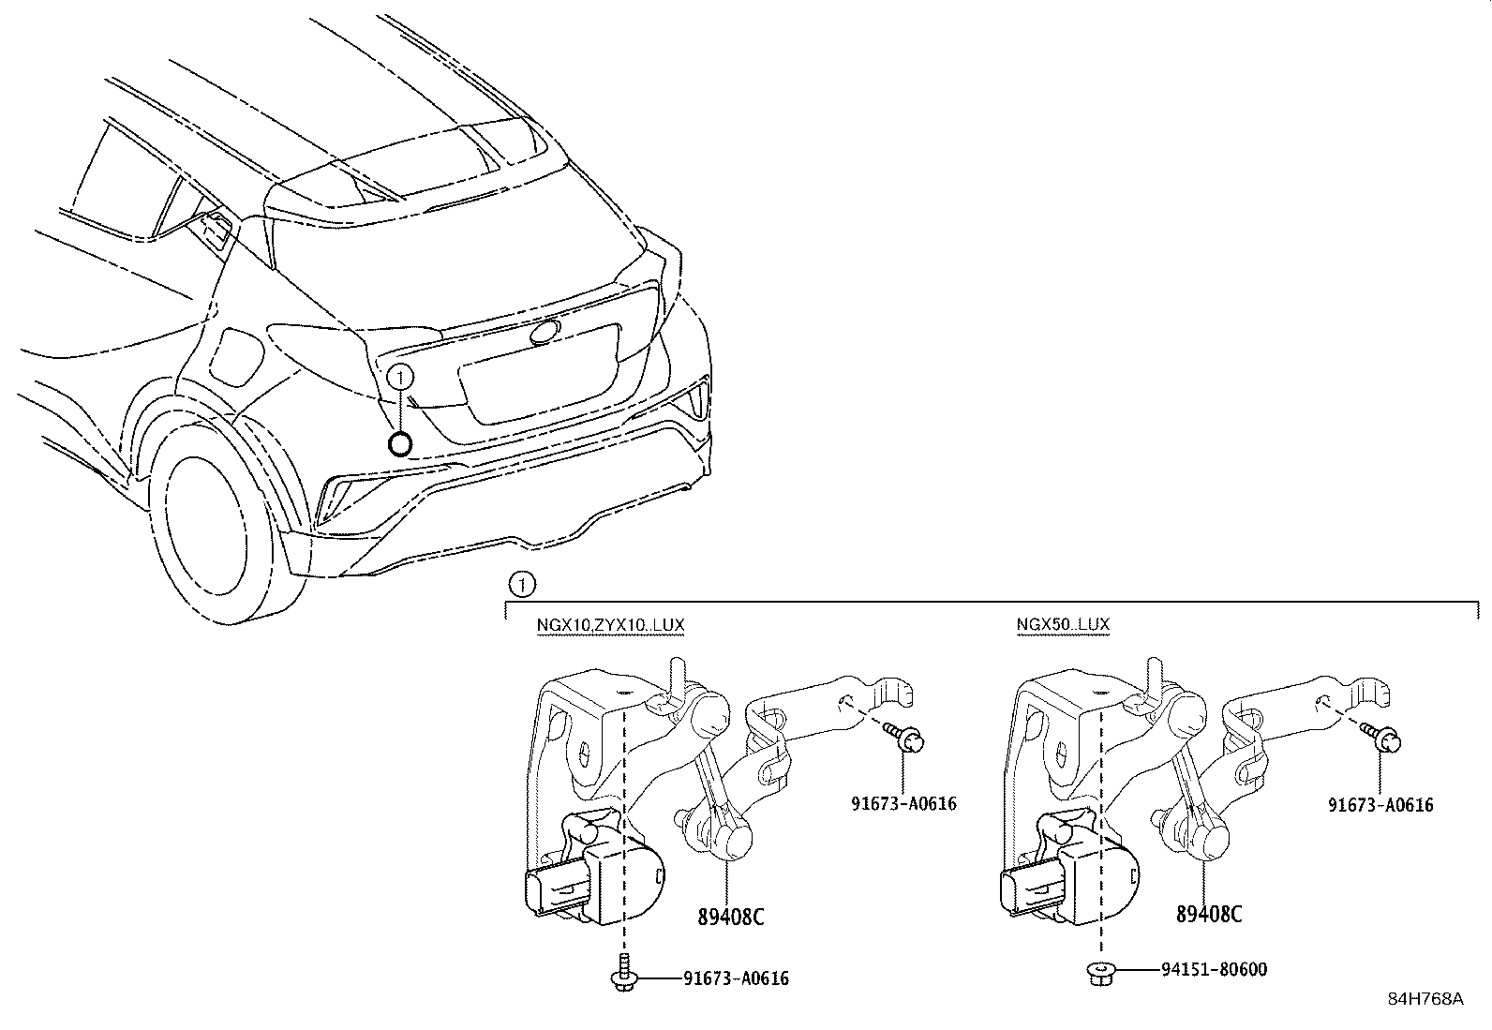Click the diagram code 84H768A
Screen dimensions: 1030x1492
coord(1425,999)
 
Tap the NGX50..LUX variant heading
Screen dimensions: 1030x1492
coord(1063,624)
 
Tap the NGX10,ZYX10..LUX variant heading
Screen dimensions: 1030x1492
coord(603,624)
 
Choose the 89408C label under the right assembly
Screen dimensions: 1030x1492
coord(1209,914)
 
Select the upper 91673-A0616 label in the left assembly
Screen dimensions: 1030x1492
coord(903,803)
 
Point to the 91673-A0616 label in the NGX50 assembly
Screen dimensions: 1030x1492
coord(1380,804)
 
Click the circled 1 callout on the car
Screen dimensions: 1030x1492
coord(400,378)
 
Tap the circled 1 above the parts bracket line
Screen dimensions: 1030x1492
coord(521,586)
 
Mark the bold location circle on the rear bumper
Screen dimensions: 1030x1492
coord(400,444)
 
